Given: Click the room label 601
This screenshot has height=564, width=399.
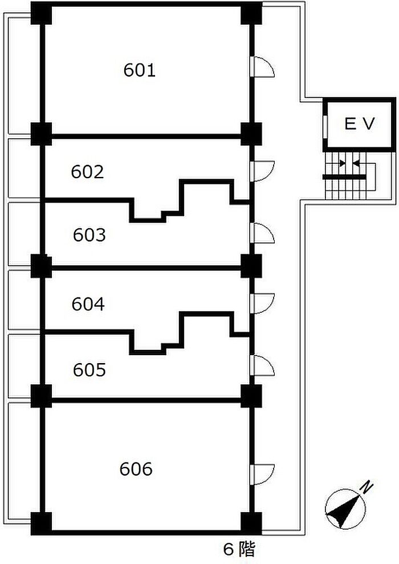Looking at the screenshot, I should [140, 71].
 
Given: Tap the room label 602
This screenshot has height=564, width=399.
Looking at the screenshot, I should [88, 171].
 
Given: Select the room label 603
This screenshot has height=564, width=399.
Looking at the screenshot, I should [89, 235].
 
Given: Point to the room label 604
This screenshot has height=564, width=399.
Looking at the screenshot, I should [88, 304].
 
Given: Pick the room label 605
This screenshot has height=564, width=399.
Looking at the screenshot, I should [89, 370].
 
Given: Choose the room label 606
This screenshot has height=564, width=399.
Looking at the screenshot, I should [137, 469].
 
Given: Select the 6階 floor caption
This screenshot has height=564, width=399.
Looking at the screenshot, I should [239, 549].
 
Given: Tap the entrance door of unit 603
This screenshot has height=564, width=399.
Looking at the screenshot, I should [262, 233].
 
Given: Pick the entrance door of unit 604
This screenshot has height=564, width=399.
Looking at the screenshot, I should [262, 303].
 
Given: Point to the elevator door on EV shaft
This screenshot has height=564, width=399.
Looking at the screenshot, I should [324, 125].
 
